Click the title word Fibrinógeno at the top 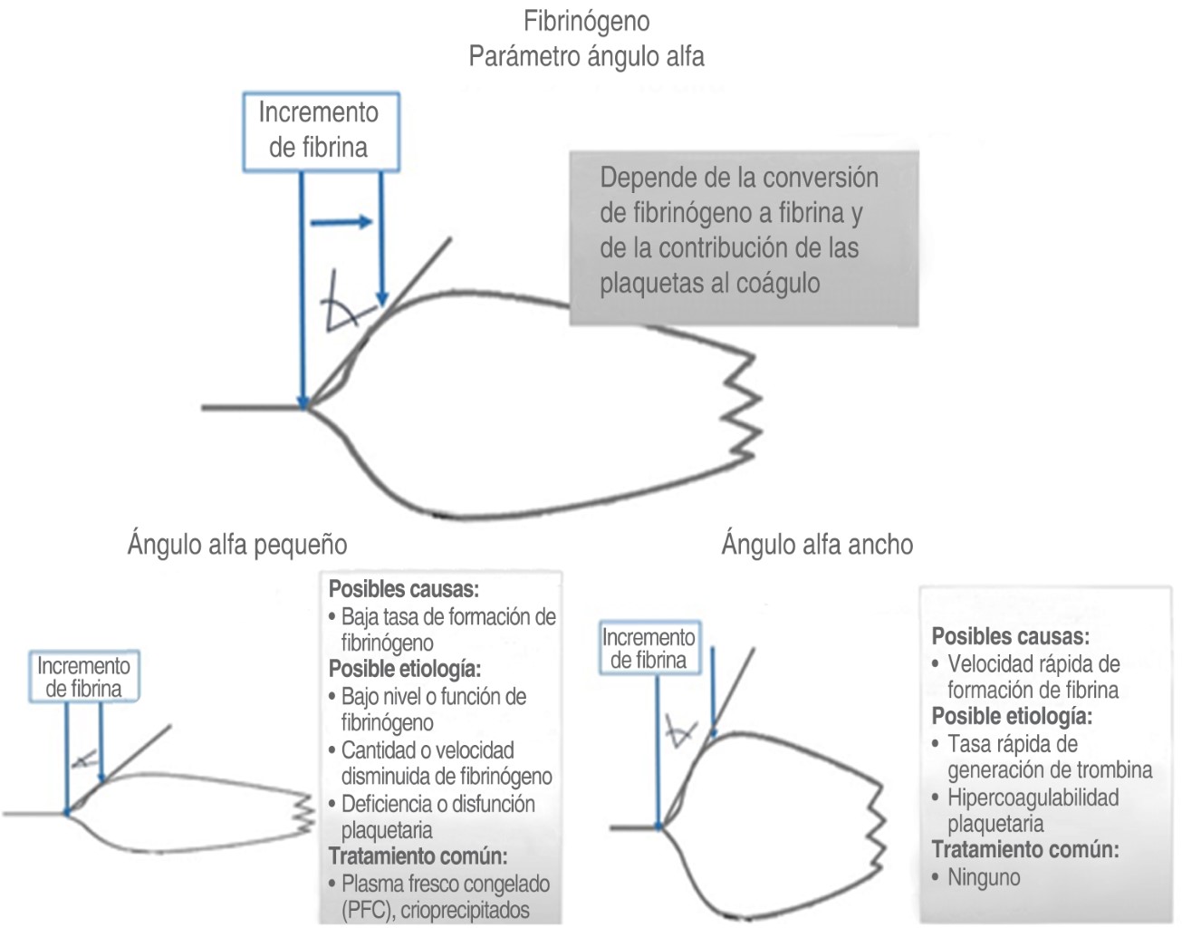586,21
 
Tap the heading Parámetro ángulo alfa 586,56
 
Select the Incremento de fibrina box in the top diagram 321,130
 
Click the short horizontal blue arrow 341,222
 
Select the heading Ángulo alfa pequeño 237,545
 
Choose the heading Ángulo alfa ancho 817,545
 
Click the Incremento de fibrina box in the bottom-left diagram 83,677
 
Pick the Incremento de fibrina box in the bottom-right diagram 649,648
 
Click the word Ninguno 984,877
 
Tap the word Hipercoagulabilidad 1033,797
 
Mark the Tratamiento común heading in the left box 418,856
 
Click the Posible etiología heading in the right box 1012,716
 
